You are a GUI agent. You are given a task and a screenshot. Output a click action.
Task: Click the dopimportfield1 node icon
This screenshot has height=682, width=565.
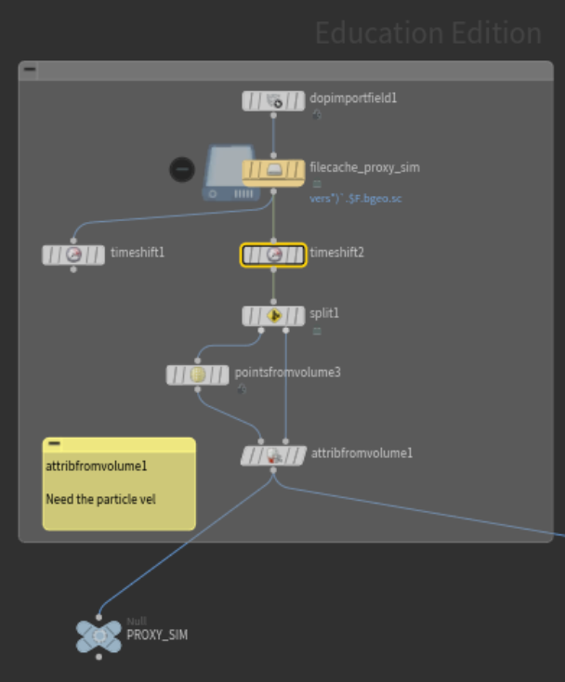pos(274,101)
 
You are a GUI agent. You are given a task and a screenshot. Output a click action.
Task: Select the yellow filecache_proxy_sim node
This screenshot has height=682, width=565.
pos(273,173)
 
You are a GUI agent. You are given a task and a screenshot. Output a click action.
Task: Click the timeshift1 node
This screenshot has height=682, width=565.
pos(73,255)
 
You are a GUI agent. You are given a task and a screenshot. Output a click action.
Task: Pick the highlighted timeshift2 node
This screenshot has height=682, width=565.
pos(273,255)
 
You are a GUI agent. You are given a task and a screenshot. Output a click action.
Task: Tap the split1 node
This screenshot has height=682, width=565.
pos(273,316)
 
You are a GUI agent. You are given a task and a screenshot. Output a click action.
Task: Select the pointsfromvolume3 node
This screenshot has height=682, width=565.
pos(197,374)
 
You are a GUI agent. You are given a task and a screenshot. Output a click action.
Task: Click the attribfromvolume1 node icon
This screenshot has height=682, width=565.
pos(274,455)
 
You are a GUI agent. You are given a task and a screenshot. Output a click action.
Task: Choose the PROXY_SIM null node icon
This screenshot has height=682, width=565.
pos(99,636)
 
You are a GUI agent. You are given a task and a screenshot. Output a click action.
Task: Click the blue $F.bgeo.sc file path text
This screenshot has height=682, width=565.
pos(355,199)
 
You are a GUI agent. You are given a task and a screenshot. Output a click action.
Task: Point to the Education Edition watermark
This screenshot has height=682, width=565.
pos(428,33)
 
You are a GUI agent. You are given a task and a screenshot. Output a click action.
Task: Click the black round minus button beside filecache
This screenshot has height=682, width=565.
pos(182,169)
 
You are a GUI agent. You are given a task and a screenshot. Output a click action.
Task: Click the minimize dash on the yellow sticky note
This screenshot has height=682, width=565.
pos(55,443)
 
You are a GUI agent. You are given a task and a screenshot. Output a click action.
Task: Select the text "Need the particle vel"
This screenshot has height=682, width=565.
pos(100,499)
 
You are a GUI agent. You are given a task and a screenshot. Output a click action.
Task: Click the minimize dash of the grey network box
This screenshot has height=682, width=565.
pos(30,69)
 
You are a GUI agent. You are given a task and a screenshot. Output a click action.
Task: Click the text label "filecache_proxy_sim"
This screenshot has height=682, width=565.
pos(364,167)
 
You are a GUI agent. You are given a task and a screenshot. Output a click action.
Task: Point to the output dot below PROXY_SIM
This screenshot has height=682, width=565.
pos(99,657)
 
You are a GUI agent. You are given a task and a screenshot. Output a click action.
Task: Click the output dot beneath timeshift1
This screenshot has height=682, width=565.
pos(73,269)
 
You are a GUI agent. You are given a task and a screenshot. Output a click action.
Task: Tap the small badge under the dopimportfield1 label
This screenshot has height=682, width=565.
pos(317,114)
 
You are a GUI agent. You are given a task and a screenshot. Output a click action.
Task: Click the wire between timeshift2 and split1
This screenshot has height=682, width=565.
pos(273,285)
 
